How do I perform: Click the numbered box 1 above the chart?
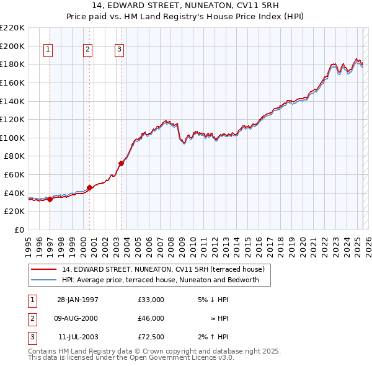(x=48, y=50)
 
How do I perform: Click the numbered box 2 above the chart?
(x=87, y=50)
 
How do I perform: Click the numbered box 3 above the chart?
(x=119, y=50)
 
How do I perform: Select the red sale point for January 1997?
(x=50, y=199)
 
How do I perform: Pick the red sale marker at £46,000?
(x=89, y=187)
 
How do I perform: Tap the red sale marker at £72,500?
(x=121, y=163)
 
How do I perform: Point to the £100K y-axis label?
(x=12, y=138)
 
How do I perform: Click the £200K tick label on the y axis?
(x=12, y=46)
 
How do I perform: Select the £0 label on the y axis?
(x=19, y=230)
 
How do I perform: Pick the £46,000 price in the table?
(x=151, y=318)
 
